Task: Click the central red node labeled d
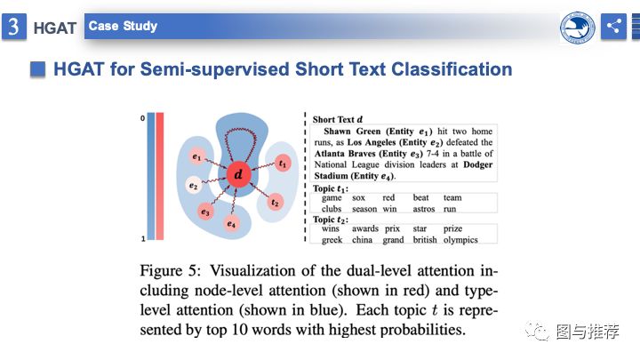[x=238, y=174]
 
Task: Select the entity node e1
[x=197, y=156]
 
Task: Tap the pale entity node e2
[x=194, y=186]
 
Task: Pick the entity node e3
[x=205, y=212]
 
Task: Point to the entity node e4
[x=231, y=224]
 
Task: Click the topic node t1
[x=283, y=164]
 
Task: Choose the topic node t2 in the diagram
[x=275, y=203]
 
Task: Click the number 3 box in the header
[x=14, y=27]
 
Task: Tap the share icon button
[x=613, y=27]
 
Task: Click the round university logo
[x=577, y=27]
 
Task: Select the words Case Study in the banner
[x=123, y=26]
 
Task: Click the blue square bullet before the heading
[x=37, y=69]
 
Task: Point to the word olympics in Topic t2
[x=460, y=240]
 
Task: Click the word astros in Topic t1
[x=424, y=209]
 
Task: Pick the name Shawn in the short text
[x=337, y=132]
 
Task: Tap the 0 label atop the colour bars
[x=142, y=118]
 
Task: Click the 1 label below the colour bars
[x=143, y=239]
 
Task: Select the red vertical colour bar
[x=160, y=176]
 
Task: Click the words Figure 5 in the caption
[x=170, y=271]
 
